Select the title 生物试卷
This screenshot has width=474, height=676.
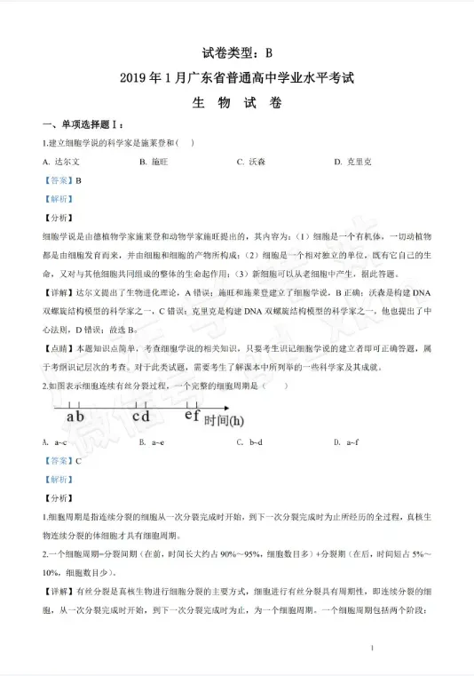pyautogui.click(x=237, y=102)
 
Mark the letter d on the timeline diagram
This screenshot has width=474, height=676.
pyautogui.click(x=145, y=415)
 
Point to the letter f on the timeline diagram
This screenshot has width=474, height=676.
pyautogui.click(x=196, y=414)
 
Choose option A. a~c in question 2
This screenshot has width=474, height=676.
pyautogui.click(x=55, y=441)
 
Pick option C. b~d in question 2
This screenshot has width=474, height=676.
pyautogui.click(x=249, y=441)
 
